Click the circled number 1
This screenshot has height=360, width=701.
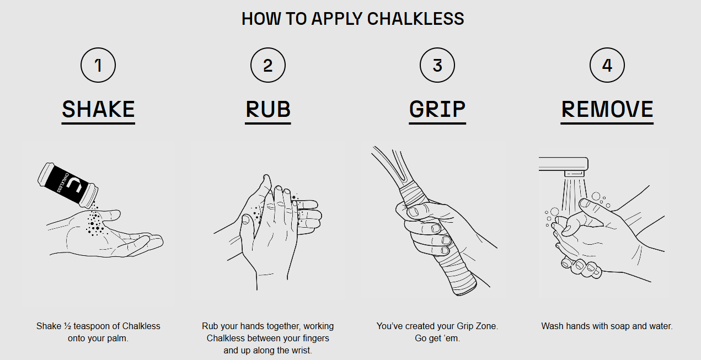tap(98, 66)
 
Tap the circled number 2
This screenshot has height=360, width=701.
tap(267, 66)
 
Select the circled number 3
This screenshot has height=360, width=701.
tap(437, 66)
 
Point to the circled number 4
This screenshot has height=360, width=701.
tap(607, 66)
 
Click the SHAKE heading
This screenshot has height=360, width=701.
tap(98, 109)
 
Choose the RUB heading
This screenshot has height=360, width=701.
tap(267, 109)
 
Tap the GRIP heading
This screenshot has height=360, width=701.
tap(437, 109)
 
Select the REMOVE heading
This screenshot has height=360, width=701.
tap(607, 109)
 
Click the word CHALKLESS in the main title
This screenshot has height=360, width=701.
tap(415, 19)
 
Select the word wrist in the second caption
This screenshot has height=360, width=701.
tap(300, 350)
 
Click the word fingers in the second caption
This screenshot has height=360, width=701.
tap(314, 338)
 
